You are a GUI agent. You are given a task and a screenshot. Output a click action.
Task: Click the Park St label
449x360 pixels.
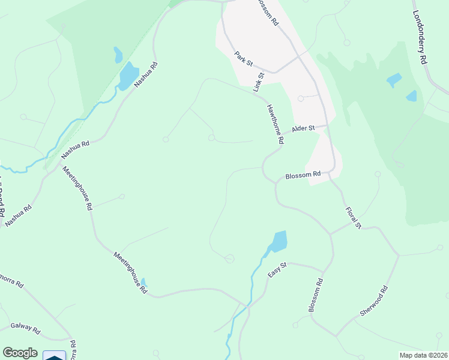coord(244,58)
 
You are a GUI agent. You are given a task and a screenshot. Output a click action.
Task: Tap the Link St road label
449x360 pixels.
coord(259,82)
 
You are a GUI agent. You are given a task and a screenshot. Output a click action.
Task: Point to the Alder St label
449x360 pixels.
coord(303,129)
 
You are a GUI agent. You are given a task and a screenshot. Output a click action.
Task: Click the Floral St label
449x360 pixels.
coord(353,218)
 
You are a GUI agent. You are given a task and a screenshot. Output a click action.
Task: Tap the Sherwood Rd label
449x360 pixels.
coord(375,301)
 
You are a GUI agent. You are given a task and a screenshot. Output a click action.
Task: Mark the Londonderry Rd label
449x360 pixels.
coord(420,37)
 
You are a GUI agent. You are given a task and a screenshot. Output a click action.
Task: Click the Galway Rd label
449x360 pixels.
coord(25,329)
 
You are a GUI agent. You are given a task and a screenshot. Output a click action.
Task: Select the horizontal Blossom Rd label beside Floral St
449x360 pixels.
coord(303,176)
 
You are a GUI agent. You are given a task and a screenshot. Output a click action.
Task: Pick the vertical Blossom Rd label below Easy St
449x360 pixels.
coord(316,295)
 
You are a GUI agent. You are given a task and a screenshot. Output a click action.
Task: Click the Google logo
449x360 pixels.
coord(20,353)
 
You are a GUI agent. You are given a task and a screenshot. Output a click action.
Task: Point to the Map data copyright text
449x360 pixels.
coord(423,355)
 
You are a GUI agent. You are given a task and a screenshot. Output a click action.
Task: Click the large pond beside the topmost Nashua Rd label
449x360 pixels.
coord(128,77)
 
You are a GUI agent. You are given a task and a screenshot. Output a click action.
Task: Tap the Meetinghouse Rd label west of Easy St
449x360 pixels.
coord(130,272)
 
